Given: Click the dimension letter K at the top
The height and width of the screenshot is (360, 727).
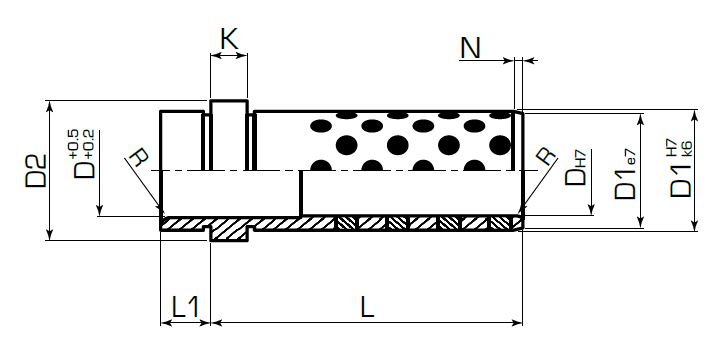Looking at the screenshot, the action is pos(230,39).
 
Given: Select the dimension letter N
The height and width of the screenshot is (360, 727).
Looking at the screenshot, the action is pos(470,48).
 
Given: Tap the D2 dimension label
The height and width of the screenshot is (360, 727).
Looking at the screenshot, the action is pos(36,171).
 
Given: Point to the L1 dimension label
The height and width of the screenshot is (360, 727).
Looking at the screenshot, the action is pos(185,307).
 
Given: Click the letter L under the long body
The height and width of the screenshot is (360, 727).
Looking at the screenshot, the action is pos(367,307).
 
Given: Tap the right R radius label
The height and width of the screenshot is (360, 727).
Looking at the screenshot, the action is pos(547,156).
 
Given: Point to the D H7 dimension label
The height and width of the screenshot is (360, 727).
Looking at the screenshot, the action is pos(577,168).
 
